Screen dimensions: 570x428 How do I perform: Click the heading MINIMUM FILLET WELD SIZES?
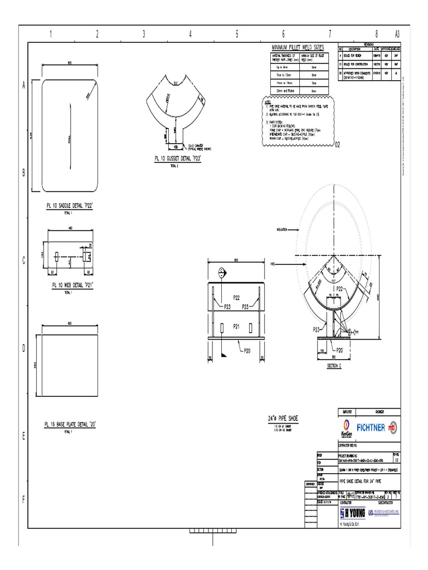(297, 48)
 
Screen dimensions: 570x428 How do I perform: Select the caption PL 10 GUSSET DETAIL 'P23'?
(177, 158)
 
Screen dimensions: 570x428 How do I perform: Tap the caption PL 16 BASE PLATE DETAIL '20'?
(70, 424)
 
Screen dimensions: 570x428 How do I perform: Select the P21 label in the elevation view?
(236, 326)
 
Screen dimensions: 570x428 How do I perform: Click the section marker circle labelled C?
(222, 273)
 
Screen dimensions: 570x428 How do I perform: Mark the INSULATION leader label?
(281, 229)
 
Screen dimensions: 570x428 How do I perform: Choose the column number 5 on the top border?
(236, 34)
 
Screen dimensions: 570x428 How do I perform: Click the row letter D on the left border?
(24, 349)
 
